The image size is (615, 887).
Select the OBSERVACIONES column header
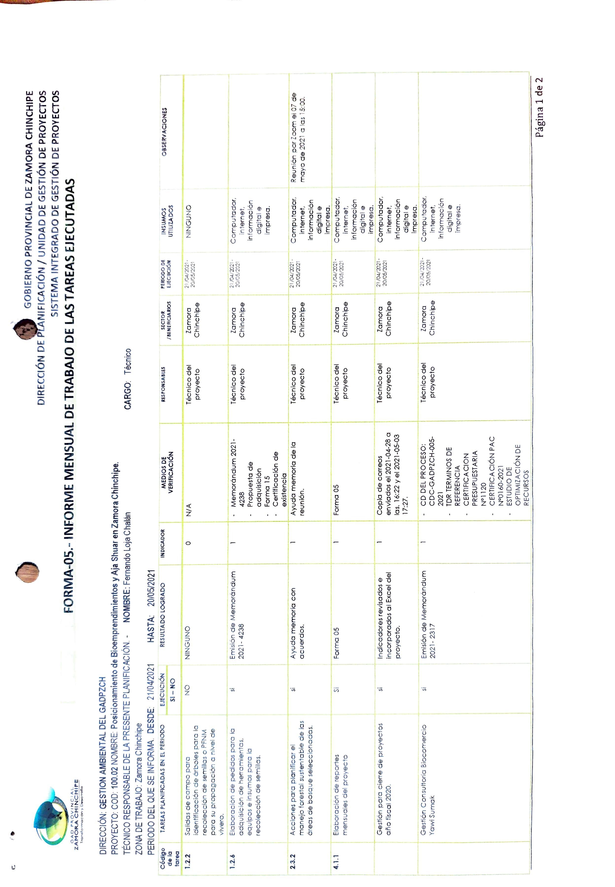[x=165, y=131]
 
